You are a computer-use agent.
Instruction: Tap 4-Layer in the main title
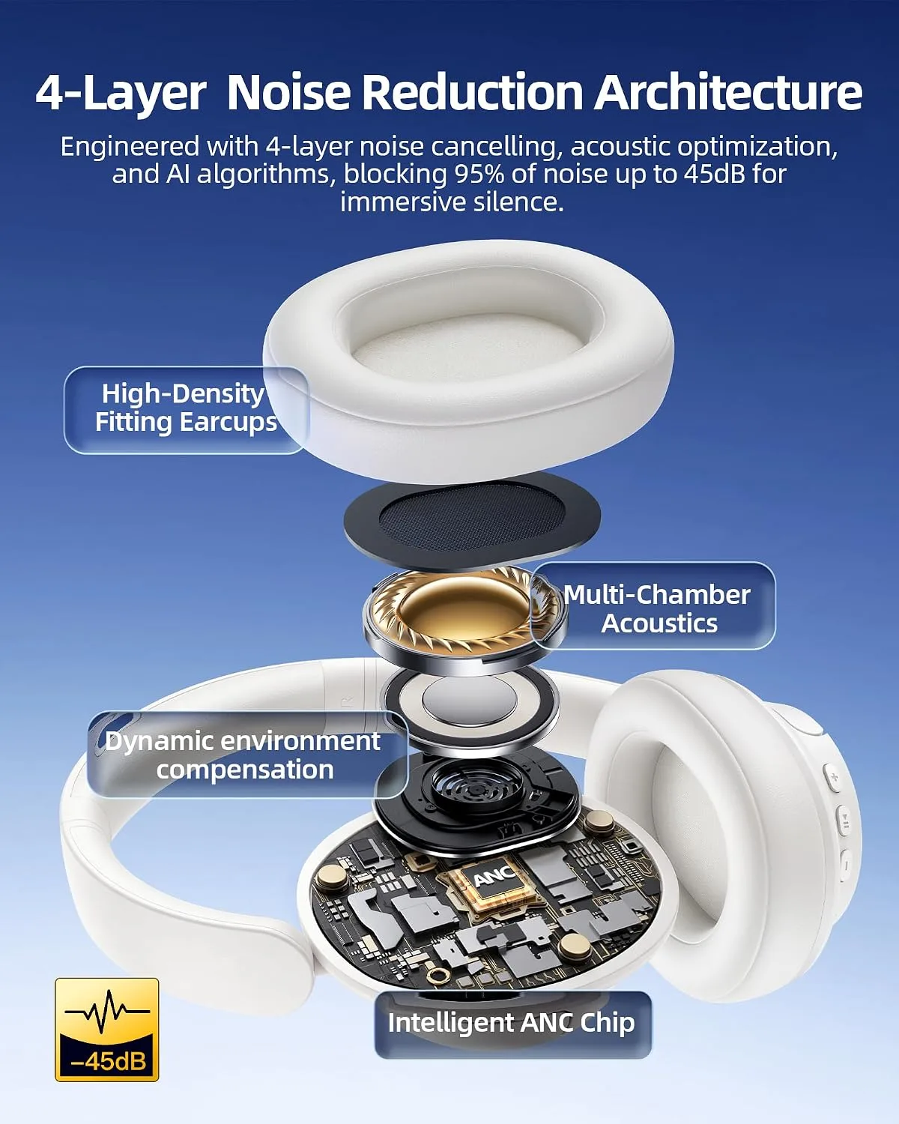click(121, 94)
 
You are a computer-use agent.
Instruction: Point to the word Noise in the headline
click(288, 92)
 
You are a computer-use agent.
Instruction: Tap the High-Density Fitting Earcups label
click(186, 408)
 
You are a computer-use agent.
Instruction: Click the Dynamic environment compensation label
click(243, 755)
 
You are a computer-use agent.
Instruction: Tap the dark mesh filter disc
click(472, 520)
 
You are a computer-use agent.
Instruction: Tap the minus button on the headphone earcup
click(843, 868)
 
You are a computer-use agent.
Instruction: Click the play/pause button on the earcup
click(843, 823)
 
